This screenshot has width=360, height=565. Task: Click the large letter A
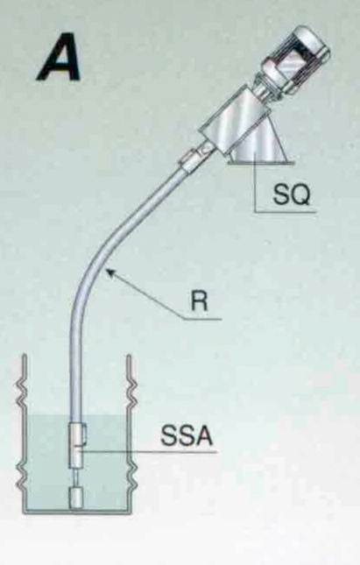[x=60, y=57]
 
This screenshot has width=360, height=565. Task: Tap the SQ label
[x=291, y=195]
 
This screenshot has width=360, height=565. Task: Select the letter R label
[x=200, y=300]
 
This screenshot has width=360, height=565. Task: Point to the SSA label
[x=187, y=435]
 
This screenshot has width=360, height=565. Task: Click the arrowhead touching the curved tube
[x=112, y=273]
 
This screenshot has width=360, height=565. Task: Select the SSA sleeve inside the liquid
[x=76, y=445]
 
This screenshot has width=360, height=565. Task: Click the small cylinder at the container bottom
[x=76, y=498]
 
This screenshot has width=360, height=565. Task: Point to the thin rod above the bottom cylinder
[x=76, y=477]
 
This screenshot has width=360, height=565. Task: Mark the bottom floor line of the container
[x=76, y=512]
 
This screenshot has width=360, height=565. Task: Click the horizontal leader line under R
[x=202, y=319]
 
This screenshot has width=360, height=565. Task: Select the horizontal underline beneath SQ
[x=286, y=211]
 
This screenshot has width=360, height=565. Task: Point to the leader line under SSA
[x=148, y=451]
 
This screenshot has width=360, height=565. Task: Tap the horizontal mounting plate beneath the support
[x=260, y=163]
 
